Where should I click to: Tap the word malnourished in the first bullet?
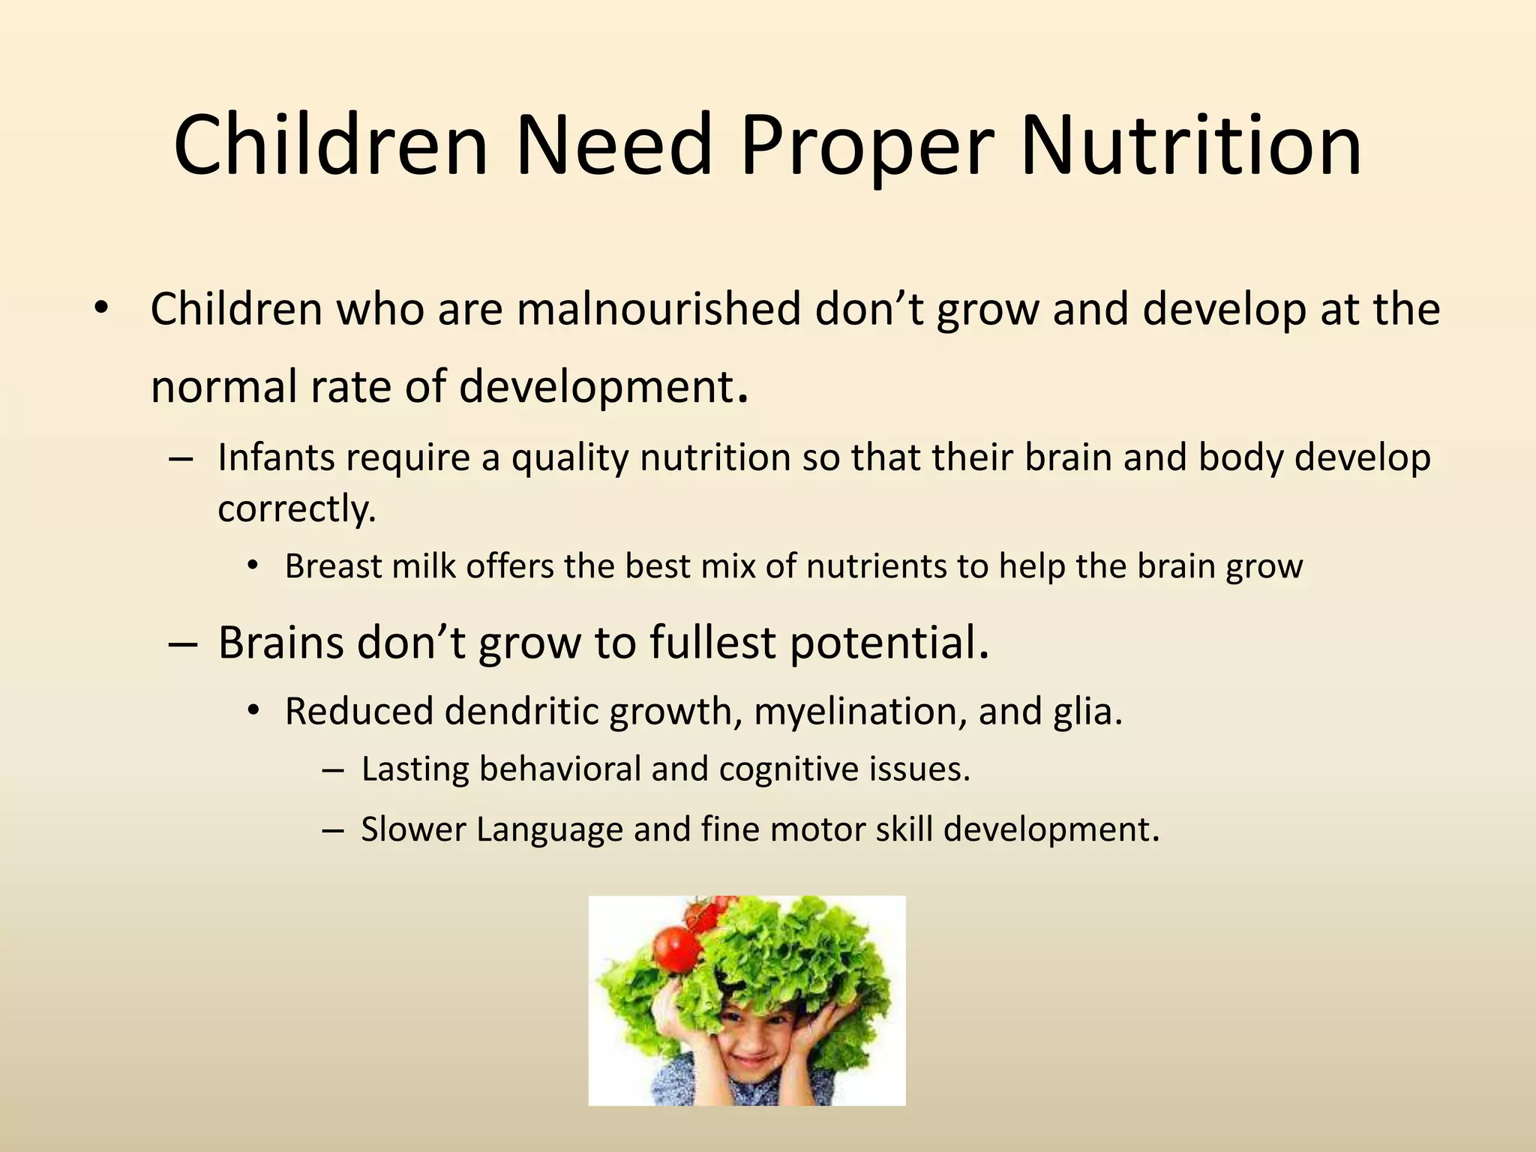click(x=658, y=309)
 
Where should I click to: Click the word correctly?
click(x=296, y=510)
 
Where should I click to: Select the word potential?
click(x=889, y=643)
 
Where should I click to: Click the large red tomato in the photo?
click(x=677, y=949)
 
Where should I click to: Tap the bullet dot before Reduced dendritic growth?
click(x=253, y=710)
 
